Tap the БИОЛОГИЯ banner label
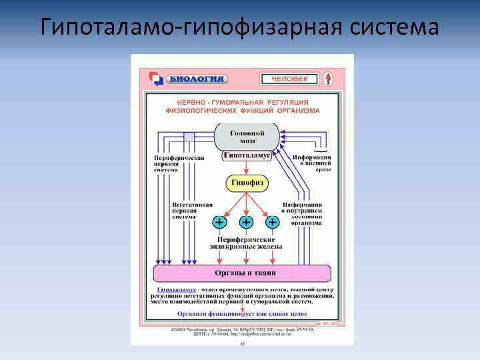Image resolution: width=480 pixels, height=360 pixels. tap(195, 79)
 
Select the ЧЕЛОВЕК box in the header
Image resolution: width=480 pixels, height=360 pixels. tap(289, 79)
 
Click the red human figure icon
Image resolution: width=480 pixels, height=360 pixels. tap(327, 79)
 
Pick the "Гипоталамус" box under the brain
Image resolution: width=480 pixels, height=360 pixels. tap(247, 155)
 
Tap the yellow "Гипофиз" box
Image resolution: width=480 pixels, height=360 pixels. tap(247, 183)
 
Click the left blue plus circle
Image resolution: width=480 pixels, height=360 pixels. tap(219, 222)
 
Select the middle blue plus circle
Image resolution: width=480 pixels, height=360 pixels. tap(247, 222)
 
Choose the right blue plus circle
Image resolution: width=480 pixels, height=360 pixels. tap(273, 222)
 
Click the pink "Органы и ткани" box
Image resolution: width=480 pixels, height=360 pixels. tap(243, 273)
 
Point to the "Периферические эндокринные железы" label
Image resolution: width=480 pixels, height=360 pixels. tap(246, 243)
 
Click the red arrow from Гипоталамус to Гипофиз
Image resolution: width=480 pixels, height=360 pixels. tap(247, 169)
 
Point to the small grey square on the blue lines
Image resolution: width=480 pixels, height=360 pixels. tap(189, 137)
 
